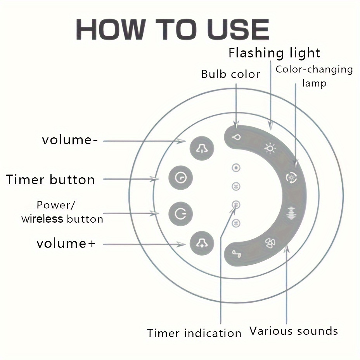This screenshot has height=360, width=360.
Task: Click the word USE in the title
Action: [238, 29]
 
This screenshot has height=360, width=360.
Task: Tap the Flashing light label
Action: [274, 53]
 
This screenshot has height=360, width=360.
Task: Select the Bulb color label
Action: [230, 74]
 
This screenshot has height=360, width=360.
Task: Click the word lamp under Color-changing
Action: [314, 83]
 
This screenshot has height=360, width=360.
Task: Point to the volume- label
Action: [69, 140]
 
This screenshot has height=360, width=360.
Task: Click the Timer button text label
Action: [50, 179]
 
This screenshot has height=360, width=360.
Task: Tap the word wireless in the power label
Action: [42, 219]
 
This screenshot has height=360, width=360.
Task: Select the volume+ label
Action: [66, 243]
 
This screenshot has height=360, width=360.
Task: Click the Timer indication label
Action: [194, 333]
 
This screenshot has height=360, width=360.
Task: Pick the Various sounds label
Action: [294, 331]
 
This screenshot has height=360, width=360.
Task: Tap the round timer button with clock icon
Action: [180, 178]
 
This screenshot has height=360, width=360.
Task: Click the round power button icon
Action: [180, 214]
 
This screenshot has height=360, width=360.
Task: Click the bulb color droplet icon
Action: [236, 137]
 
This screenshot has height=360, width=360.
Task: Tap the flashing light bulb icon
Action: [270, 148]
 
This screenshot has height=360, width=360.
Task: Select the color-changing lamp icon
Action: [291, 177]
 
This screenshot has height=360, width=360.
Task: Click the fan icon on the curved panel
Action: [270, 243]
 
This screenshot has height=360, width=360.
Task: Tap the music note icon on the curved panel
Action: [237, 254]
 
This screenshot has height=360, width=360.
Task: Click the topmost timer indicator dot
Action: [236, 168]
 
